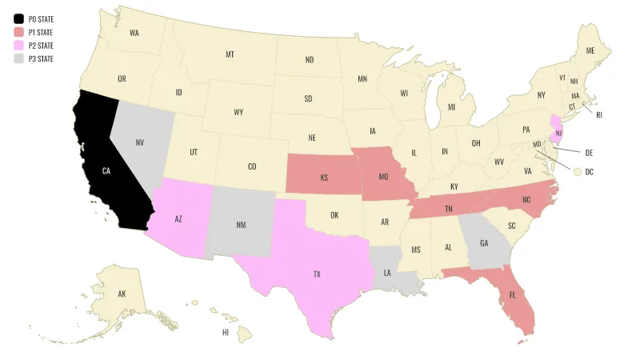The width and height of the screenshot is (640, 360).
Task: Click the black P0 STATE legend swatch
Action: [x=18, y=18]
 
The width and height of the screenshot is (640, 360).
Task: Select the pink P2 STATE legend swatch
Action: [x=18, y=45]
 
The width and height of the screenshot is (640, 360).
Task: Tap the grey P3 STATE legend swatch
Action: [x=18, y=58]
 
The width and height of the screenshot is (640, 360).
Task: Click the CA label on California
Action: [x=106, y=170]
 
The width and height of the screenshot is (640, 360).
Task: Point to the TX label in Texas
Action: [x=317, y=274]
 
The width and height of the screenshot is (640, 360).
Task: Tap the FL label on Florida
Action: [x=512, y=295]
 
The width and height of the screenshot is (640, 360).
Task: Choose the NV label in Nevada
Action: [x=140, y=142]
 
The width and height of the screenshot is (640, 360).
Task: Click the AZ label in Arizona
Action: [x=179, y=218]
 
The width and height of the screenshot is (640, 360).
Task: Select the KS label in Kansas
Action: [x=324, y=177]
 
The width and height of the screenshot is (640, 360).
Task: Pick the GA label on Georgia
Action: [x=484, y=243]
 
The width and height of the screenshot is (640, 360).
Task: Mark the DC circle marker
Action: [x=577, y=170]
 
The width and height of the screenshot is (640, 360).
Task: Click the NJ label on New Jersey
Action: [x=559, y=132]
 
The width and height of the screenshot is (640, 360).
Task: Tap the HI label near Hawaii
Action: [x=226, y=331]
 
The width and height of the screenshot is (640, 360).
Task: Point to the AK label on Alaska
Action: [x=122, y=294]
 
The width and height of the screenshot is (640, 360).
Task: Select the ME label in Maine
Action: [x=590, y=50]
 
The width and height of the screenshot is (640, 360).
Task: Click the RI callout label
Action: [x=599, y=114]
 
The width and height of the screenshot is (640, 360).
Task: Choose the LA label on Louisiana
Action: [x=387, y=273]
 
